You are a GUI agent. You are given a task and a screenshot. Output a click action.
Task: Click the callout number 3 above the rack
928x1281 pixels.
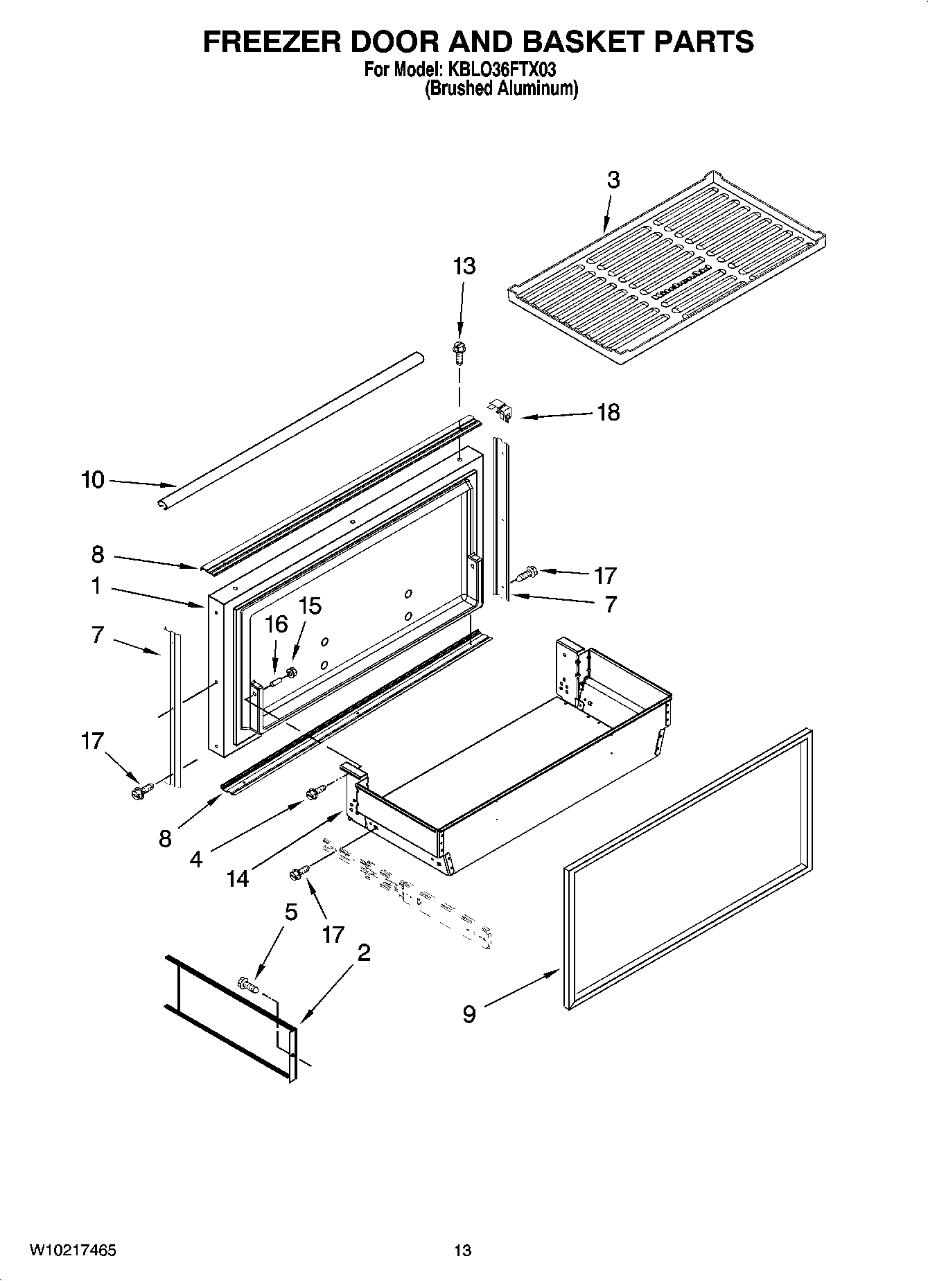[613, 180]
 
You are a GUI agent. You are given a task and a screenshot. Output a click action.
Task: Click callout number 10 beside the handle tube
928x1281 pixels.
[92, 479]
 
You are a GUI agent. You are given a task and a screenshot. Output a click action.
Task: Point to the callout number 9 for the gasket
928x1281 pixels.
[469, 1014]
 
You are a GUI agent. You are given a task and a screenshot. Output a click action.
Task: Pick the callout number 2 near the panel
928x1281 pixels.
[363, 953]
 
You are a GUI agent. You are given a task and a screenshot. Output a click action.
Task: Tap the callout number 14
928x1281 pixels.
[237, 878]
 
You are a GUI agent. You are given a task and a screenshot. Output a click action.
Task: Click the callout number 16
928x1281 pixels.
[276, 624]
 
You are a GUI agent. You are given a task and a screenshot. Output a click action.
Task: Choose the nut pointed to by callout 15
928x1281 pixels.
[292, 671]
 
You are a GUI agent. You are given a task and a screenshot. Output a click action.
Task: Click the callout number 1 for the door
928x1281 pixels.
[96, 586]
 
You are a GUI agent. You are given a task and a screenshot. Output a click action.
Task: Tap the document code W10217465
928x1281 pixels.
[73, 1251]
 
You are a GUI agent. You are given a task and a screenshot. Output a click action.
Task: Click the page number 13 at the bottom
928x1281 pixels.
[462, 1251]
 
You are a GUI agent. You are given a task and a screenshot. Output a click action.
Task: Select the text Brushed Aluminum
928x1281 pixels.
[500, 89]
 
